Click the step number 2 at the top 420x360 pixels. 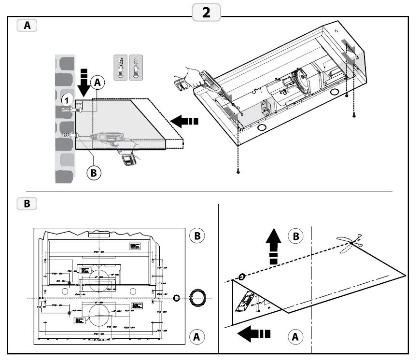point(206,13)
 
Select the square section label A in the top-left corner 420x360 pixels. point(27,26)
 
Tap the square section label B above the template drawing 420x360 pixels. point(27,204)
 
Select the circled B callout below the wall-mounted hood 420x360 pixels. point(94,172)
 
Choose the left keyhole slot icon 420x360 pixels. point(121,66)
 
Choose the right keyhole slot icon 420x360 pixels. point(137,66)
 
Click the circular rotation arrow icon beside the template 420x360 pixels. point(198,298)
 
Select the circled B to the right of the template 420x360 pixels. point(197,236)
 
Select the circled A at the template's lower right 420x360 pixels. point(197,336)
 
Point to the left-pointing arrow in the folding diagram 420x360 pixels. point(254,333)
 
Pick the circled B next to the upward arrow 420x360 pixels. point(295,236)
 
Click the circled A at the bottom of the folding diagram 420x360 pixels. point(295,336)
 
